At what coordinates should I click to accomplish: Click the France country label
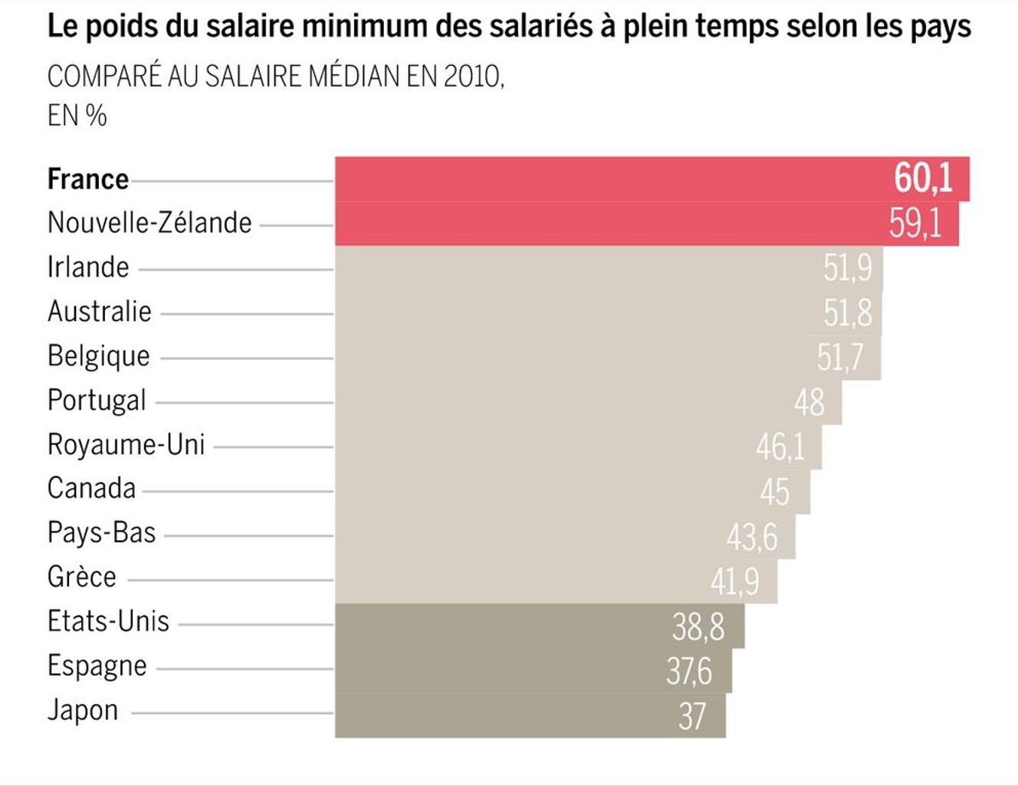[x=88, y=179]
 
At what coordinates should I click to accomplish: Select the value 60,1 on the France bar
[x=923, y=178]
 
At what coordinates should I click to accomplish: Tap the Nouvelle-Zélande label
[x=149, y=223]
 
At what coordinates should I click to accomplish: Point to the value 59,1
[x=915, y=224]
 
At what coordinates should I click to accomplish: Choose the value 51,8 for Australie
[x=847, y=313]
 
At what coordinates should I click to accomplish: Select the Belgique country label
[x=99, y=356]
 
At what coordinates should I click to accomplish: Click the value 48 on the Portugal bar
[x=809, y=402]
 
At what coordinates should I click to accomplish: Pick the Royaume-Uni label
[x=126, y=444]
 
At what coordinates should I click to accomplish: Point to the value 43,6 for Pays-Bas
[x=752, y=537]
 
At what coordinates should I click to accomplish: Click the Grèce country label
[x=82, y=577]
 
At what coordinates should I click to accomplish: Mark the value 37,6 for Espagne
[x=689, y=672]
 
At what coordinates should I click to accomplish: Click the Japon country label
[x=83, y=710]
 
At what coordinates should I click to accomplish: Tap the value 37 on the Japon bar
[x=691, y=716]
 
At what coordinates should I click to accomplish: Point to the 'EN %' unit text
[x=77, y=116]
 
